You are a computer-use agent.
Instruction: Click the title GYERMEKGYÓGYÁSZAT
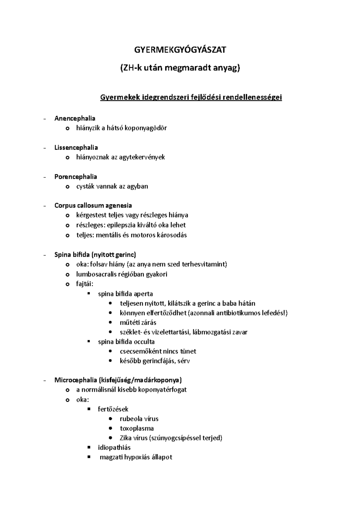tap(180, 50)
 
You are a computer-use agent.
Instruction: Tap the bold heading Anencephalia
tap(75, 118)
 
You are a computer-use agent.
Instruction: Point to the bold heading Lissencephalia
tap(76, 147)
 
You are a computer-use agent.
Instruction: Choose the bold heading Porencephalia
tap(76, 177)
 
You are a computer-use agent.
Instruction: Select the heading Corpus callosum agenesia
tap(93, 205)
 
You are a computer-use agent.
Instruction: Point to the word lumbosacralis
tap(95, 274)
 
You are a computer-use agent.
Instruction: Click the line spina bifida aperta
tap(125, 294)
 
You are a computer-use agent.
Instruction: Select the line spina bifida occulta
tap(126, 342)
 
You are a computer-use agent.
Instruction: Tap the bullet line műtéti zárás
tap(138, 323)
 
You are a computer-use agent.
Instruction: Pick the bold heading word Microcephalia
tap(75, 380)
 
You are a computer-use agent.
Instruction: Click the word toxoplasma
tap(137, 428)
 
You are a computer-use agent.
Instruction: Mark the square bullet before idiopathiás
tap(88, 447)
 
